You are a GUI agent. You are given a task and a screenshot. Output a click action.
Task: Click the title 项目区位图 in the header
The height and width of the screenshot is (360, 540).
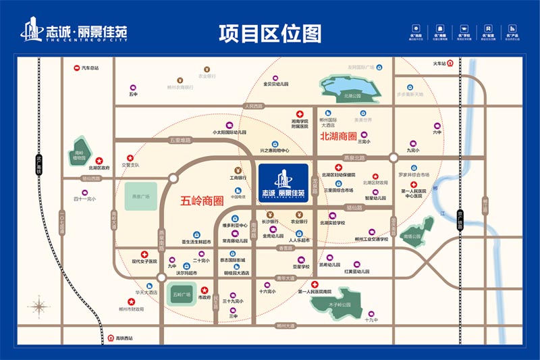270,32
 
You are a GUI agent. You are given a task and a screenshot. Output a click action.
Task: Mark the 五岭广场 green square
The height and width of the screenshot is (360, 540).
181,295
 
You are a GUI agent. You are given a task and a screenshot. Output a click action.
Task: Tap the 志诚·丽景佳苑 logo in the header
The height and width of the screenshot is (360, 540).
74,32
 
